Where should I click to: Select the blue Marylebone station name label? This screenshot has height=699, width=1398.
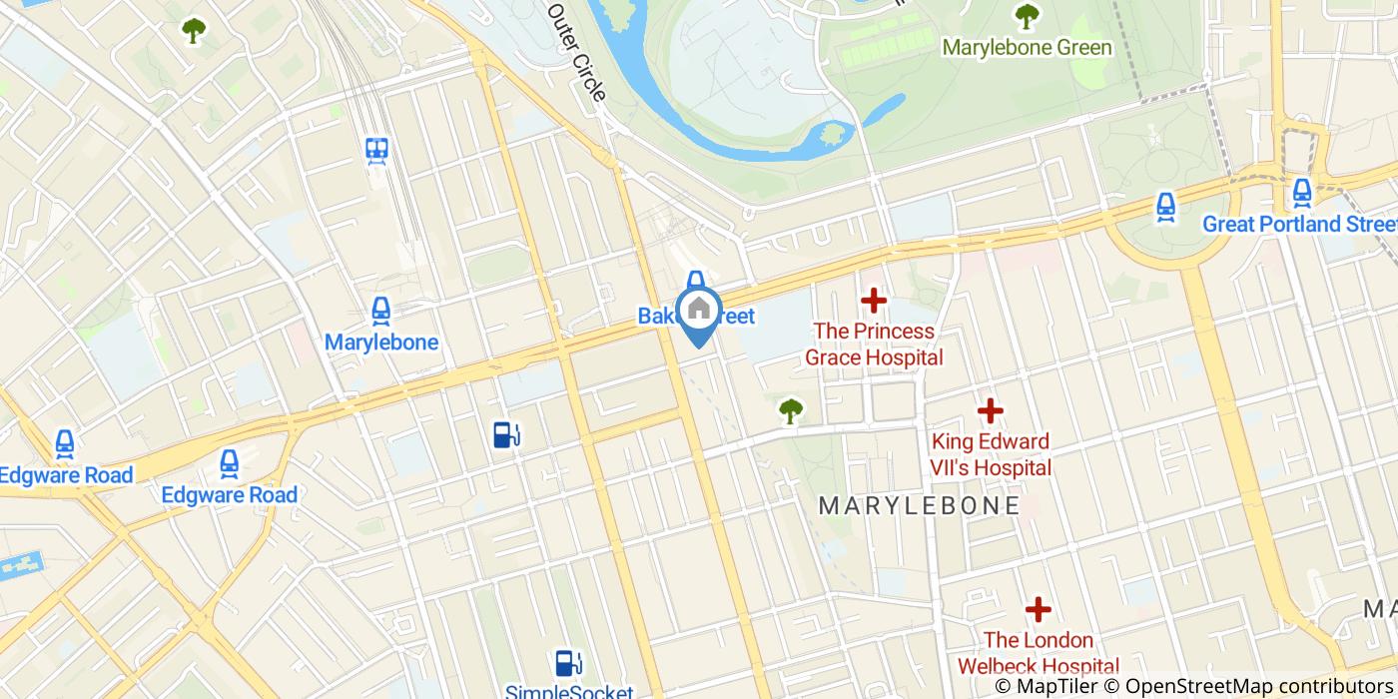click(381, 343)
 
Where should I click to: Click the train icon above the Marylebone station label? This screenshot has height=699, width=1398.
click(380, 312)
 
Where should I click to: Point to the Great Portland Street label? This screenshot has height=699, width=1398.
click(1298, 224)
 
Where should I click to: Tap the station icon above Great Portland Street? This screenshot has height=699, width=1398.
click(1301, 192)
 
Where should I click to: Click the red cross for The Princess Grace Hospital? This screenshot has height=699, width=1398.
click(874, 300)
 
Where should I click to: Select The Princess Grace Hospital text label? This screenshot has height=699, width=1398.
click(874, 344)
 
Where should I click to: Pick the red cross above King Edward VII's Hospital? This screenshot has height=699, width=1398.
click(990, 410)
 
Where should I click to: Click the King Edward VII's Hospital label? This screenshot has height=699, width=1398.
click(991, 454)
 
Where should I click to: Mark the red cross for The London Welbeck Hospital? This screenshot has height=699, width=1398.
click(1039, 608)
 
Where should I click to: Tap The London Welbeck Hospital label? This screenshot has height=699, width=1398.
click(1039, 653)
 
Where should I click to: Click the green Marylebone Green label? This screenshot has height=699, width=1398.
click(1027, 48)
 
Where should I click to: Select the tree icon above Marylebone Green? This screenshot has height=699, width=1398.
click(1027, 16)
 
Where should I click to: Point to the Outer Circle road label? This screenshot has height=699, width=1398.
click(577, 50)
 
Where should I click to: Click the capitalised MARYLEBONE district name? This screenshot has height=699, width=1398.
click(920, 506)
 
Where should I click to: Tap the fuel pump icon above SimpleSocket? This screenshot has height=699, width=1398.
click(568, 662)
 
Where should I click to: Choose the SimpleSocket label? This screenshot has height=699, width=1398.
click(569, 691)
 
